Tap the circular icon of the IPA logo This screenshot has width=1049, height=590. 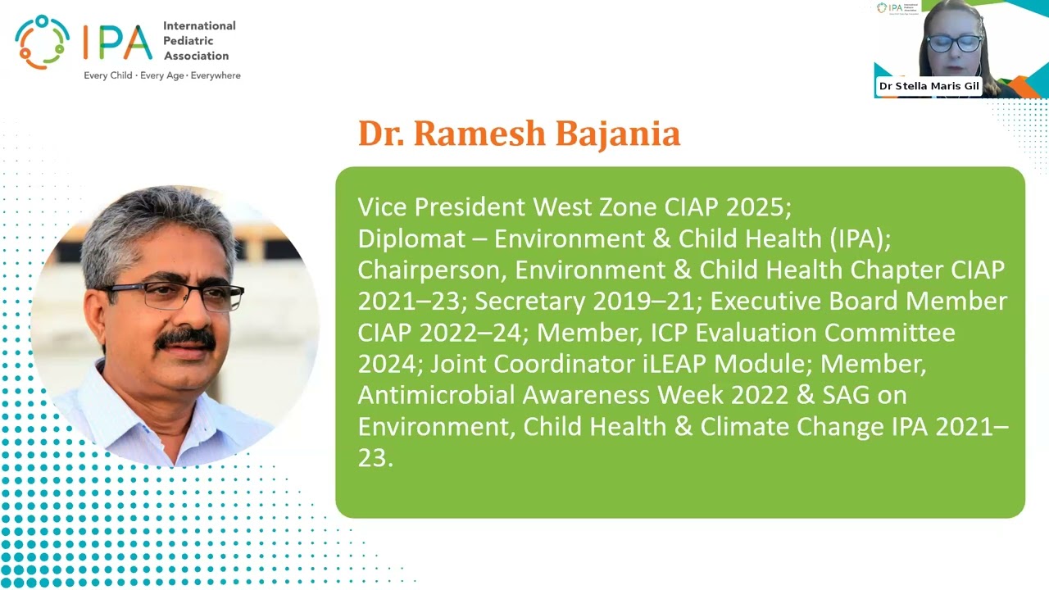(43, 42)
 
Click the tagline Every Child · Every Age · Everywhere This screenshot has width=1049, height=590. (162, 75)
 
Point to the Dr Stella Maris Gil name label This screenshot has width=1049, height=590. (929, 86)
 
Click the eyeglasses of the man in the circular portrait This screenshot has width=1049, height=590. (176, 296)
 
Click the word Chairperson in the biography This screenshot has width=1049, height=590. (429, 270)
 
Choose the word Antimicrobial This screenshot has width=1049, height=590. (436, 395)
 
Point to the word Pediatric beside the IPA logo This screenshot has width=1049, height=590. (188, 41)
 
